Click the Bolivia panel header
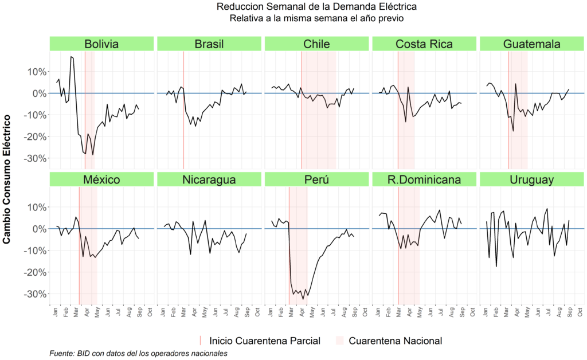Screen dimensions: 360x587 [101, 44]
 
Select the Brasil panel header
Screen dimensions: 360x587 [209, 44]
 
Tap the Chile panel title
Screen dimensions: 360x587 [316, 44]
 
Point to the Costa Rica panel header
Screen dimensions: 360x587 [424, 44]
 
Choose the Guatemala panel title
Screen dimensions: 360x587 [531, 44]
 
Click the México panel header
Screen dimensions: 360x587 [101, 179]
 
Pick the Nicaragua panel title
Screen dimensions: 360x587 [209, 179]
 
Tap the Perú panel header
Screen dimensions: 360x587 [316, 179]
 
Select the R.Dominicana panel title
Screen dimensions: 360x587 [424, 179]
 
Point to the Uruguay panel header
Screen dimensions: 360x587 [531, 179]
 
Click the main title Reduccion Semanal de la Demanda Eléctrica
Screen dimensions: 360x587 [317, 7]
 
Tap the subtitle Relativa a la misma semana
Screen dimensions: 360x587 [317, 18]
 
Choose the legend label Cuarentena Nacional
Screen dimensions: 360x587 [395, 341]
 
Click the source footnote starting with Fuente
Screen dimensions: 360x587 [139, 353]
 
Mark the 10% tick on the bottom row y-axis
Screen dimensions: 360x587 [34, 207]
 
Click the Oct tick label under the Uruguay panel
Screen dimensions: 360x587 [581, 312]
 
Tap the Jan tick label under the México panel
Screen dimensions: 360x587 [57, 312]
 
